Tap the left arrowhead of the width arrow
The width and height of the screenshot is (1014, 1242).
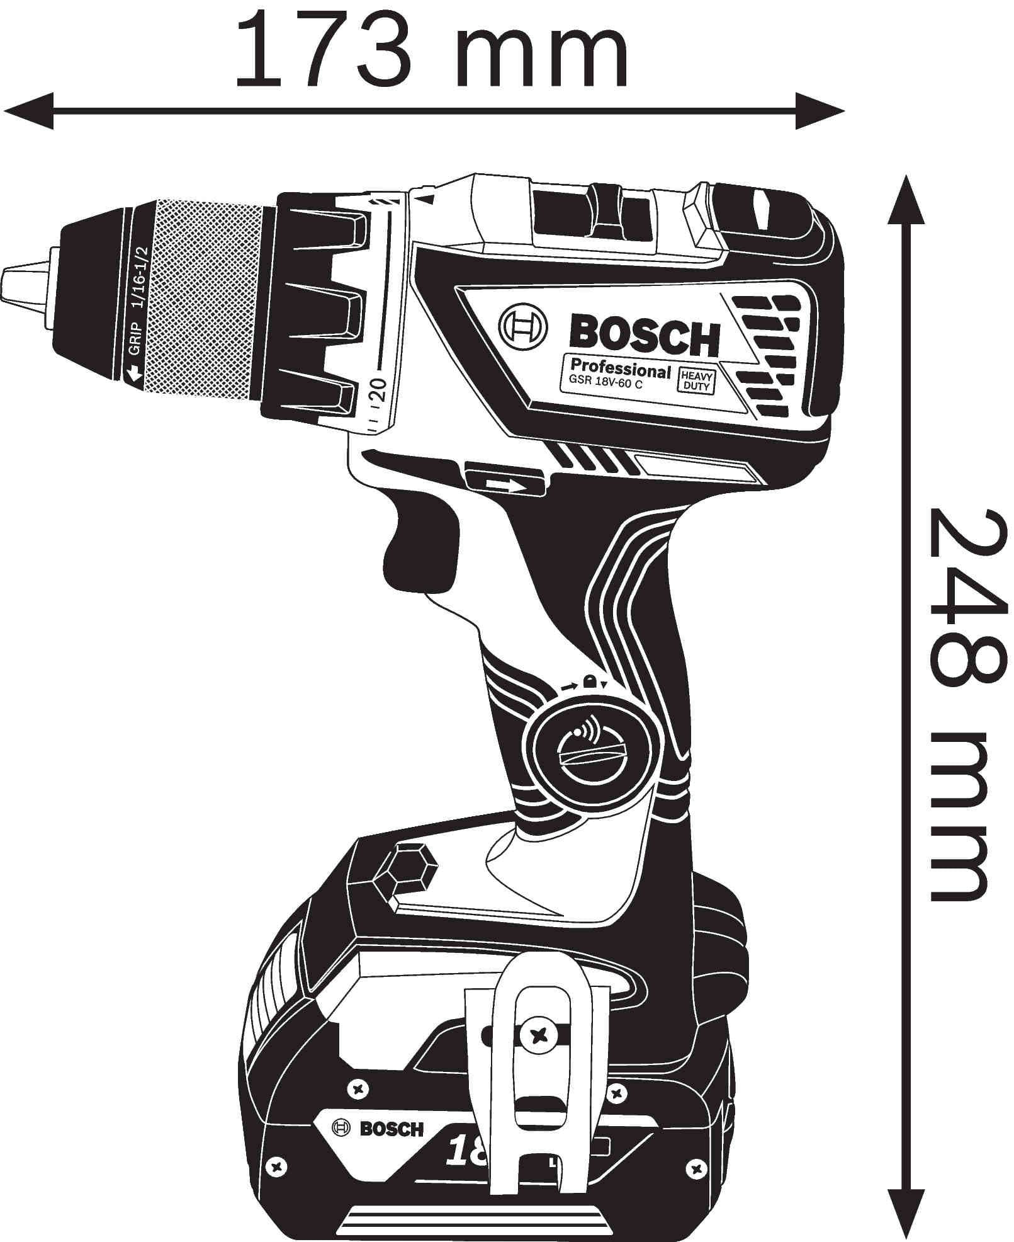click(x=28, y=111)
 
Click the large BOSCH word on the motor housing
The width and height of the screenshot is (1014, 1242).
click(x=644, y=336)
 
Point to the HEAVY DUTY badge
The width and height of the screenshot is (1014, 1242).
click(x=696, y=381)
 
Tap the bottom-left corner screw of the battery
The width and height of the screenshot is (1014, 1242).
click(x=275, y=1166)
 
